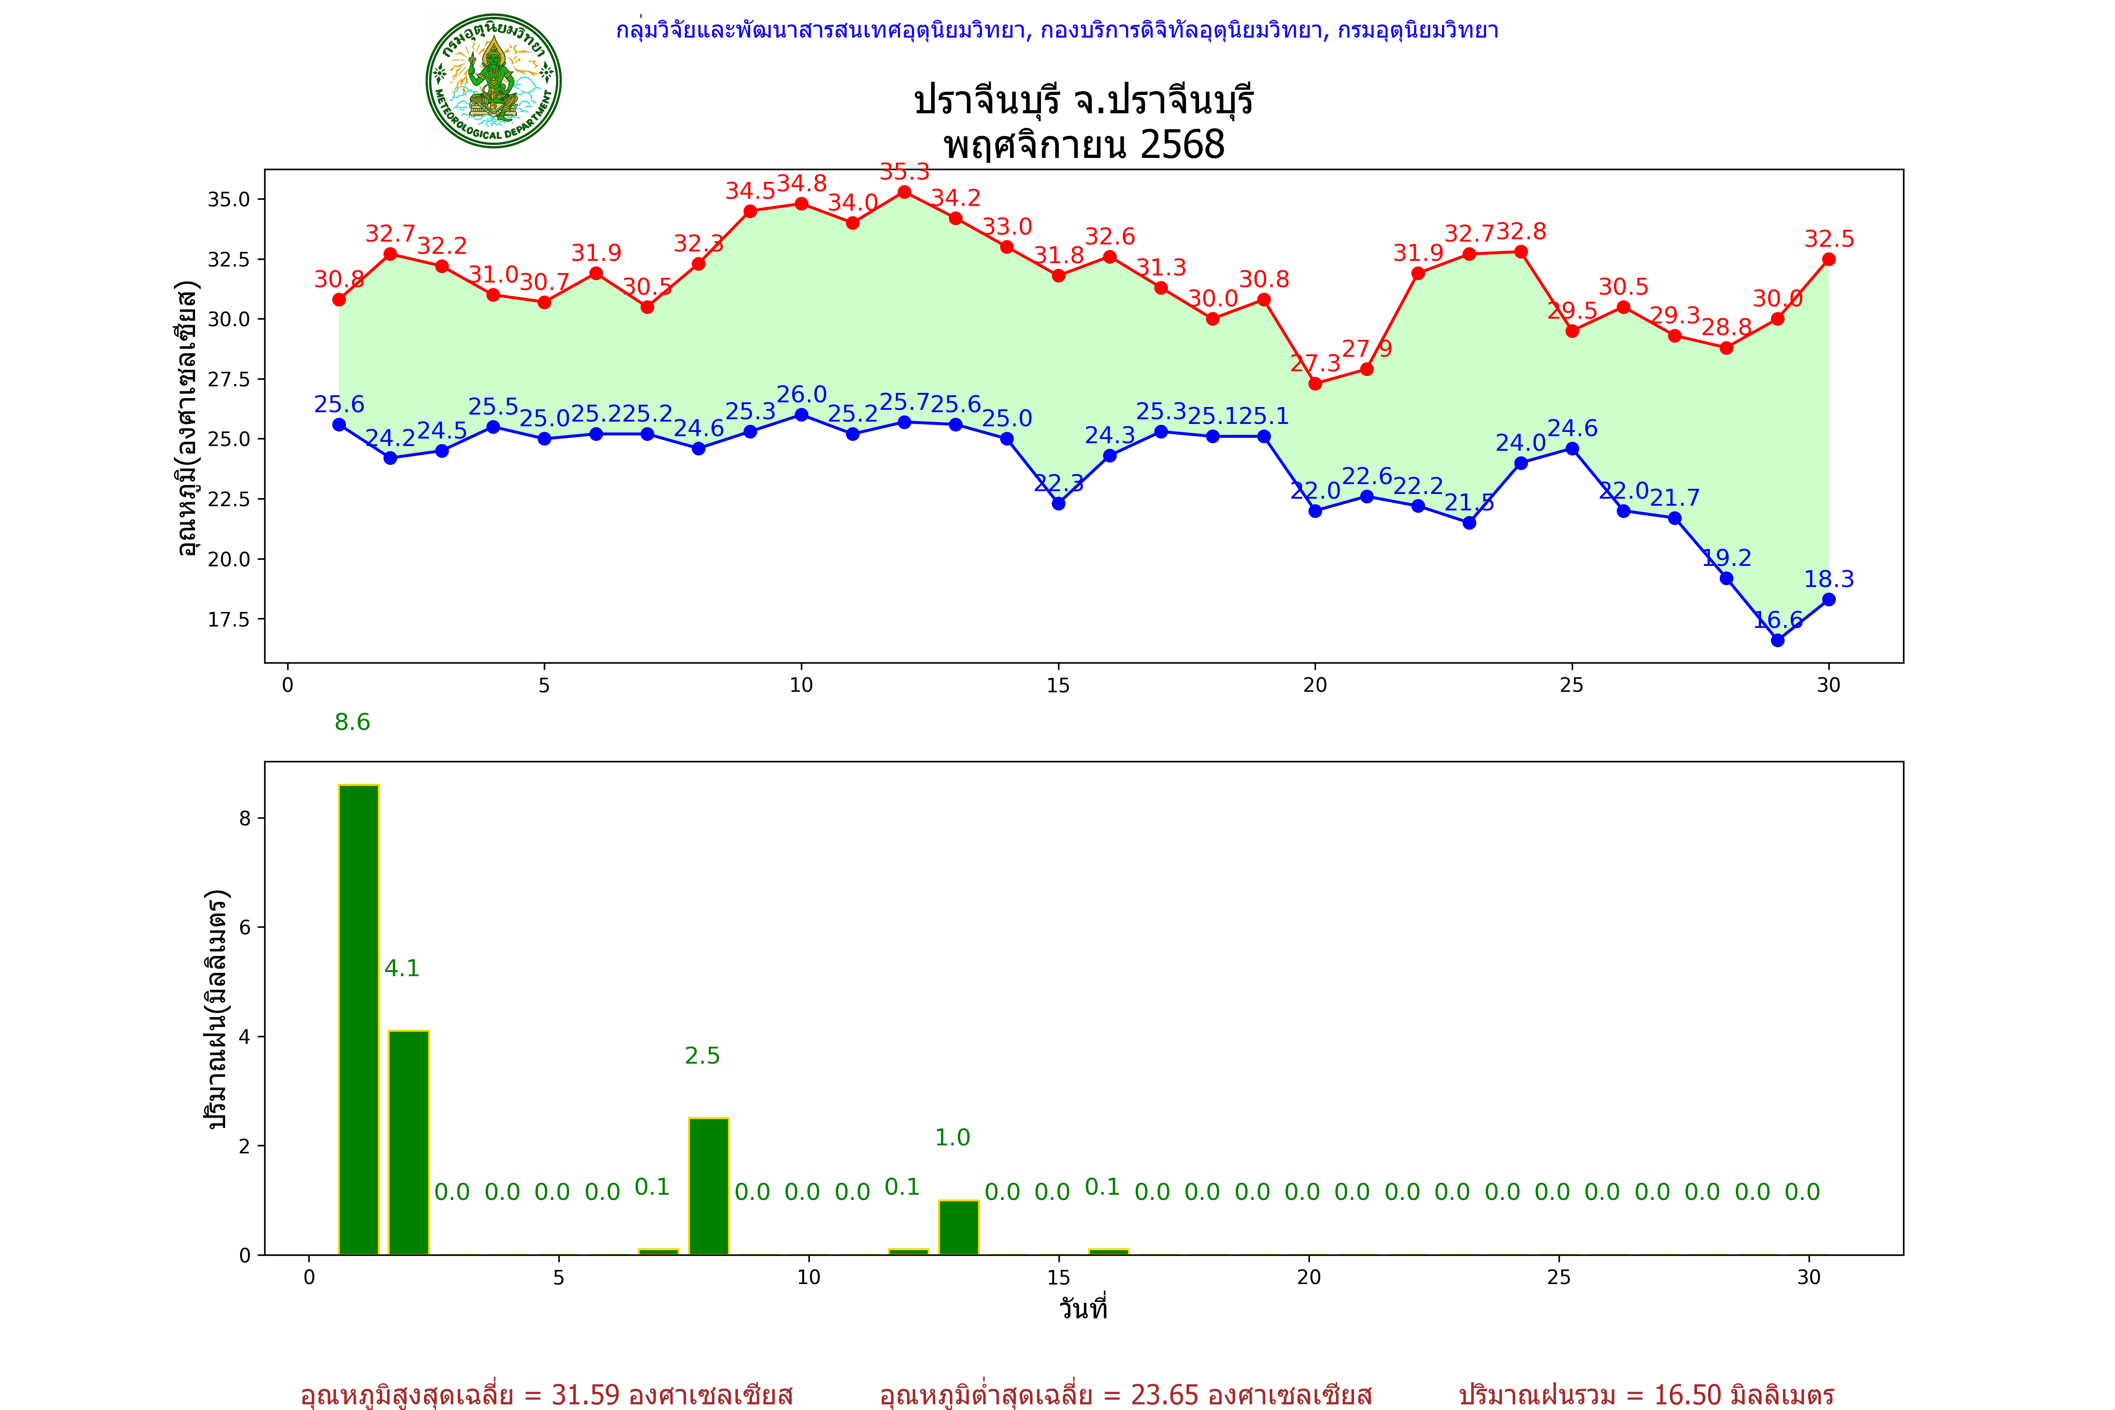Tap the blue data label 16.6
1778,619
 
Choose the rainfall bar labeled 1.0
959,1228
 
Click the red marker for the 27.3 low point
1315,384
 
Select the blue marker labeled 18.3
1828,600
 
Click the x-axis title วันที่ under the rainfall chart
1083,1308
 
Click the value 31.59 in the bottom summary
586,1394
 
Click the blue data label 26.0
801,395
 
